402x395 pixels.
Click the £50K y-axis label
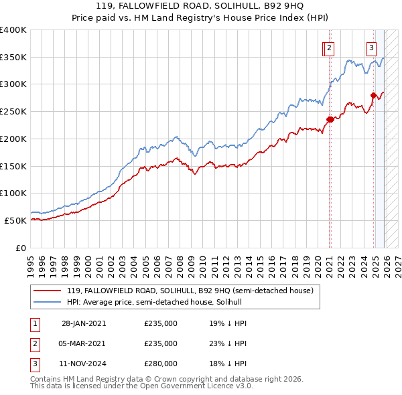(15, 220)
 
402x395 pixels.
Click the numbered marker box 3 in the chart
(371, 47)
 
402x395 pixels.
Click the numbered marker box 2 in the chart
(330, 47)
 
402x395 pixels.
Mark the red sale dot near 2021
(330, 120)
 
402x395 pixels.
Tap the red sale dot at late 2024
(373, 96)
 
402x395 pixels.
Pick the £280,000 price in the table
(161, 364)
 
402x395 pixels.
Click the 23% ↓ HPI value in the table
(228, 343)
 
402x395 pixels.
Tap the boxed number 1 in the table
(34, 323)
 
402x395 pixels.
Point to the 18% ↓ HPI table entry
(228, 364)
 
